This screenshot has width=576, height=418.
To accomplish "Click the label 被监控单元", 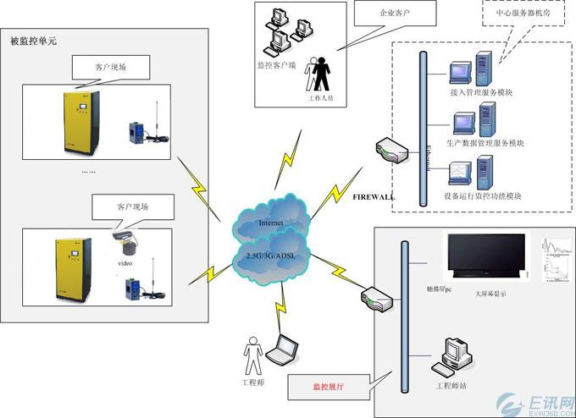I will pos(32,41).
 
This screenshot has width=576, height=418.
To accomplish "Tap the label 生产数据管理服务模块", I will pos(485,143).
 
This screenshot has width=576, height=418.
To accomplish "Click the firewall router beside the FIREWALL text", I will pos(392,150).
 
